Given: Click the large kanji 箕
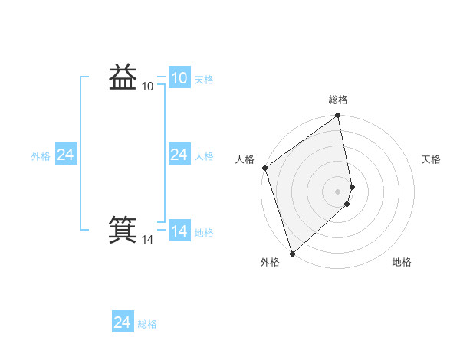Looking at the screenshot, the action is [123, 229].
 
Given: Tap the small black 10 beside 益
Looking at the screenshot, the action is [148, 87].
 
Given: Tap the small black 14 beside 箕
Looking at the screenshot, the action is [148, 240].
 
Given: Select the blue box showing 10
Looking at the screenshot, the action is [179, 77].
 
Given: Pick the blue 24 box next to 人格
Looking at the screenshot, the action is [179, 155].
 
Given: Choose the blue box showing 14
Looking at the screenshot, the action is [179, 231].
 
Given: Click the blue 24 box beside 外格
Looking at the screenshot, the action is [65, 155].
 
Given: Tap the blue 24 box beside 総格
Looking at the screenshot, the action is [122, 322].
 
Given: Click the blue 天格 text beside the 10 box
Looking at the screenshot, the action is [204, 80].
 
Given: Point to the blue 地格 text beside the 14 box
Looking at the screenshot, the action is [204, 233].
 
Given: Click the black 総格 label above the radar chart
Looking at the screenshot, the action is [338, 100].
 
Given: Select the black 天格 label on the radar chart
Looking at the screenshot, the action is [431, 159].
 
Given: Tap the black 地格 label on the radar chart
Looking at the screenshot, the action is [402, 262].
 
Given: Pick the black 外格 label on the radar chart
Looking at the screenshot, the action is [270, 262].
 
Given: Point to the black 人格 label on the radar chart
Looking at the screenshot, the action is [245, 159].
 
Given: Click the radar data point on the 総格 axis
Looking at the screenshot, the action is [338, 116].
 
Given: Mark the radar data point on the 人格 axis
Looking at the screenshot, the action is [264, 168].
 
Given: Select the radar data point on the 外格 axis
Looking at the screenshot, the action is [292, 253].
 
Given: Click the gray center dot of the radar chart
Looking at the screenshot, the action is [338, 191].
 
